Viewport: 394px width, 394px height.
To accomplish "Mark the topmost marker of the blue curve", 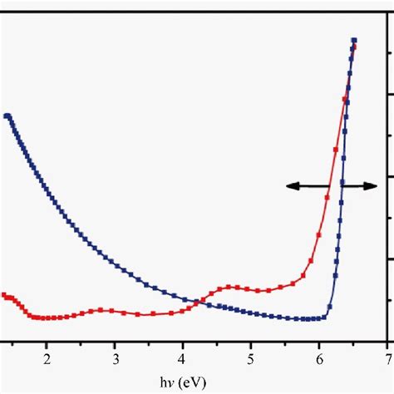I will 354,40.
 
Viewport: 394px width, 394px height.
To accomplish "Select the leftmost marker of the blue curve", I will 7,116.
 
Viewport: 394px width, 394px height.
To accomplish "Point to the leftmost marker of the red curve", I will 4,295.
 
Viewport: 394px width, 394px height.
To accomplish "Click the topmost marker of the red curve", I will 354,47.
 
